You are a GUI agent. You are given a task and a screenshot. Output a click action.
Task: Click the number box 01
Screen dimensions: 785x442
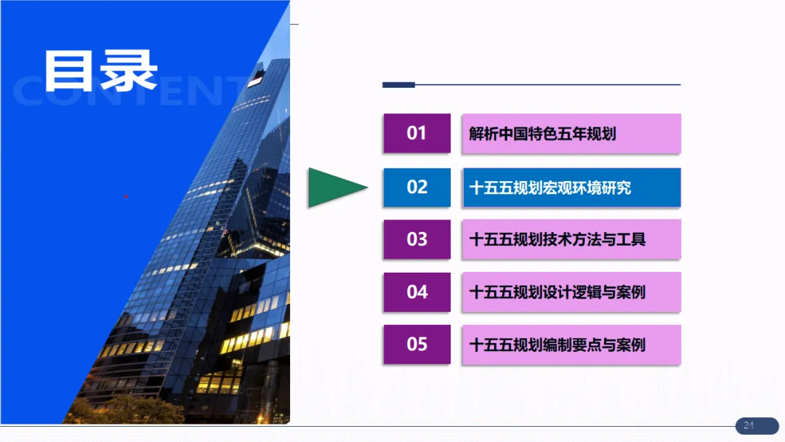416,133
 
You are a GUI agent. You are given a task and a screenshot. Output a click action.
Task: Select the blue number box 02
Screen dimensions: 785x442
416,187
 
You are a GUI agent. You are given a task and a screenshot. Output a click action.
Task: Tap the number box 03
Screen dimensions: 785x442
416,239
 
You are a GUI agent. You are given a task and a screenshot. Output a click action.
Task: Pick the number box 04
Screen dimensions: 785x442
416,292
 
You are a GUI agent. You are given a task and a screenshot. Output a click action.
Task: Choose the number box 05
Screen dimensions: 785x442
416,345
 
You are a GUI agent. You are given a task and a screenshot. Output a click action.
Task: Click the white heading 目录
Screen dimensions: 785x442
100,71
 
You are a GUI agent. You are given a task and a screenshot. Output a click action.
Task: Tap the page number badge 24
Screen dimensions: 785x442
748,425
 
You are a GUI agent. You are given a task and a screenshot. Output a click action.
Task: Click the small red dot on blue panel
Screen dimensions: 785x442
126,196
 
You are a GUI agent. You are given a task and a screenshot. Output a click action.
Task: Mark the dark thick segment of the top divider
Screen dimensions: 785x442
398,85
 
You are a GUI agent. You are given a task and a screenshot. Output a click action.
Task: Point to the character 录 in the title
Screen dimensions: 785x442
129,71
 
